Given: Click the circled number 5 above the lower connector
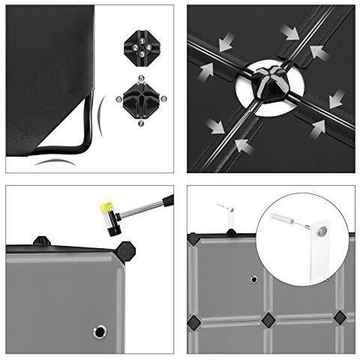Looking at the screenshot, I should [141, 79].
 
